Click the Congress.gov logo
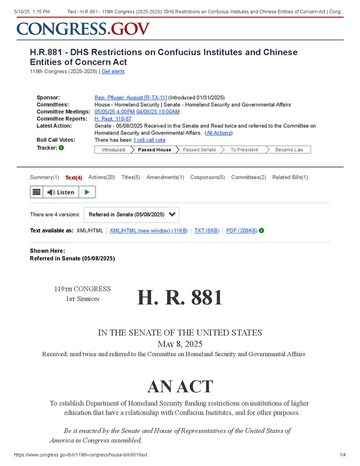(83, 29)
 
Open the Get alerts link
(113, 72)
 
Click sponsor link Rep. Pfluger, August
(130, 97)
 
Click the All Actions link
(219, 133)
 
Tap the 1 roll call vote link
(149, 140)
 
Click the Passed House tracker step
(154, 150)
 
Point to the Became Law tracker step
(289, 150)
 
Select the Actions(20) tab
(101, 177)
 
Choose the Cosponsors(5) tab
(207, 177)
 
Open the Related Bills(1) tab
(290, 177)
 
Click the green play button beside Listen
(87, 192)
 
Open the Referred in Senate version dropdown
(132, 214)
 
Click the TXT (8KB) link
(207, 231)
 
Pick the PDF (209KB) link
(241, 231)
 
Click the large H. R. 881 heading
(180, 298)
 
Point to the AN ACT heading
(180, 386)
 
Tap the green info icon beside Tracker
(62, 148)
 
